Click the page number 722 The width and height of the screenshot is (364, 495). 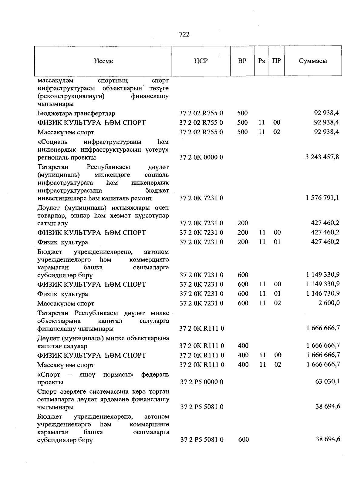coord(184,35)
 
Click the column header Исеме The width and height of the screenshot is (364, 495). coord(103,61)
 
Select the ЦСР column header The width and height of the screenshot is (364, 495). coord(201,61)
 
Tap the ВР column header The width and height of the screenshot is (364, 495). coord(242,61)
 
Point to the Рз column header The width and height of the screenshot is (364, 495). coord(261,61)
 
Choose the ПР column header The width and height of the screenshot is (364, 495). coord(276,61)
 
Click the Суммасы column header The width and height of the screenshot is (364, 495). coord(313,61)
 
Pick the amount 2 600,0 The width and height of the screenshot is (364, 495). coord(329,303)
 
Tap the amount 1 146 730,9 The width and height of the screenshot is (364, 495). coord(323,293)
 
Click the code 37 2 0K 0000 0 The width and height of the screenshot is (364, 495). coord(201,157)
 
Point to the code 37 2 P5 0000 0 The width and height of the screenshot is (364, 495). coord(202,382)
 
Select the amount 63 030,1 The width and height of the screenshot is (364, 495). coord(328,381)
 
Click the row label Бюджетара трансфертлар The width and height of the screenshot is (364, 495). coord(76,113)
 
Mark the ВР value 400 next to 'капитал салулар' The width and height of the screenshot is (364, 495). coord(243,345)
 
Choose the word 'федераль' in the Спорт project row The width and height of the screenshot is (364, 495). coord(155,374)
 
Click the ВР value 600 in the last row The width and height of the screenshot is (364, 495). coord(243,439)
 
